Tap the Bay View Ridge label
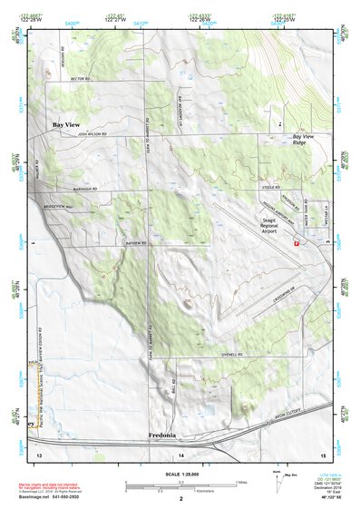coord(305,140)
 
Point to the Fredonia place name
coord(166,436)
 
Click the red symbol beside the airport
coord(296,242)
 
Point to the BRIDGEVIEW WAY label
coord(56,207)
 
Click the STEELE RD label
coord(269,187)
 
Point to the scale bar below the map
coord(180,486)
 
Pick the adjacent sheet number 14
coord(180,454)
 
